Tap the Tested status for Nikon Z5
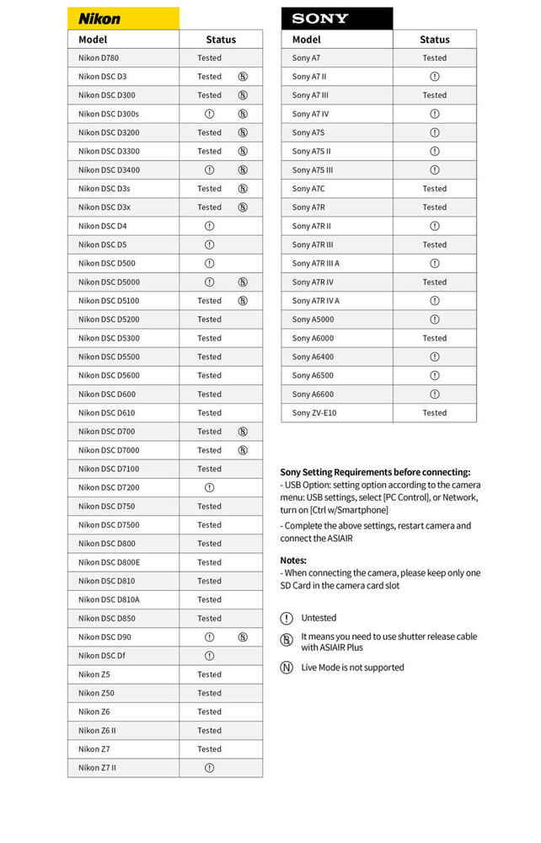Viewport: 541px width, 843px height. click(209, 674)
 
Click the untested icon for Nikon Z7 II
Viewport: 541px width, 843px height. click(209, 768)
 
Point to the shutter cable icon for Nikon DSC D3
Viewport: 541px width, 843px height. click(243, 77)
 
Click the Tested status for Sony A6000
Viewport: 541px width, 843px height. click(435, 338)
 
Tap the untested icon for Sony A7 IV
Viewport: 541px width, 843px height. click(435, 114)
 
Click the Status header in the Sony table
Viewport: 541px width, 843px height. click(435, 40)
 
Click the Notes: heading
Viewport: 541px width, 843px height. click(293, 561)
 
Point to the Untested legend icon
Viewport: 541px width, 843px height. click(287, 618)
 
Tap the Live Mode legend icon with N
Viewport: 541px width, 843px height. click(287, 668)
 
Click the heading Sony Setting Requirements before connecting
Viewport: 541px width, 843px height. click(375, 472)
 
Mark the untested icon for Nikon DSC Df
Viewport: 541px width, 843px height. click(209, 656)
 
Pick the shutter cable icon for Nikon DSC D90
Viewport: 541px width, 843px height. click(243, 637)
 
